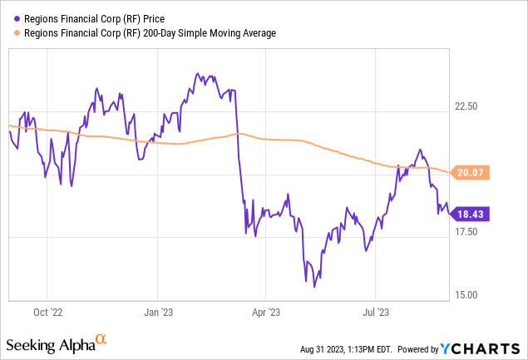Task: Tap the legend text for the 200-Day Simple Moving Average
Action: click(x=145, y=32)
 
